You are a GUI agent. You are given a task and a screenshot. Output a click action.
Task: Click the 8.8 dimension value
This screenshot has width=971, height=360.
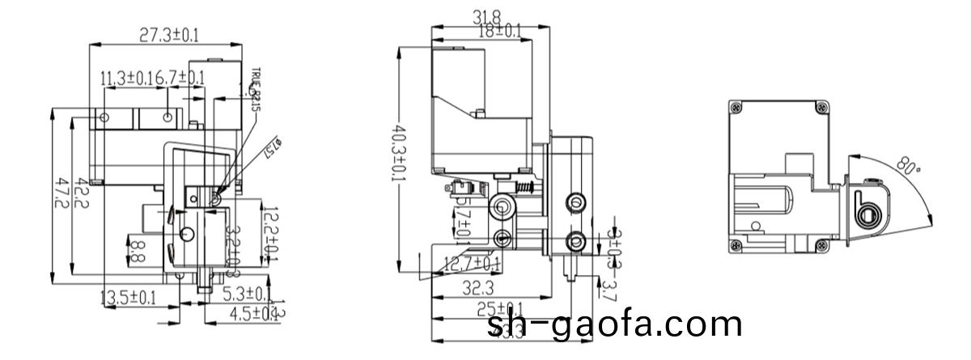coord(138,250)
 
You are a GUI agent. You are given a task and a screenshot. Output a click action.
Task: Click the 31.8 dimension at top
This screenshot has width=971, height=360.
coord(485,16)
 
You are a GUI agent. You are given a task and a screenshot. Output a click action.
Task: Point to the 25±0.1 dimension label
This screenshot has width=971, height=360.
coord(499,308)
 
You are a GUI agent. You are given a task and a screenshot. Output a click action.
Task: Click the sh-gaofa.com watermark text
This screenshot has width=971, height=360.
coord(615,324)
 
